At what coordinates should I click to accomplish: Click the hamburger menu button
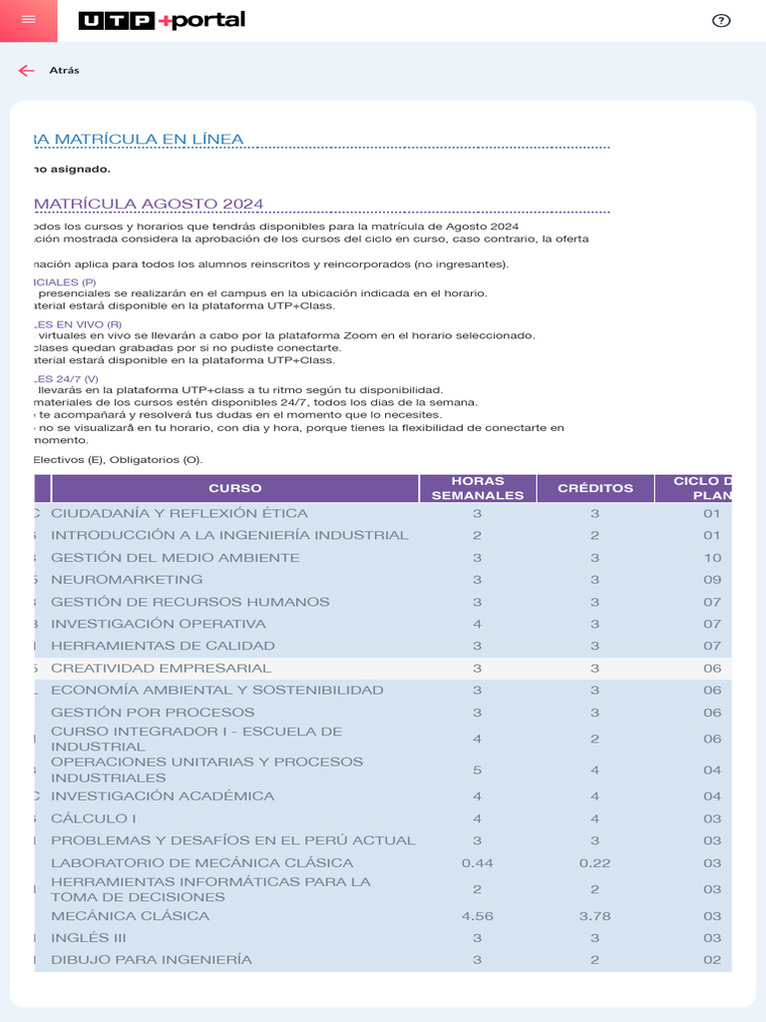(28, 21)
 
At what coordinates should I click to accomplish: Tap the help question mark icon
(721, 21)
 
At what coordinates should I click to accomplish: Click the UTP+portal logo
(162, 21)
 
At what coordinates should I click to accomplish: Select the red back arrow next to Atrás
(26, 70)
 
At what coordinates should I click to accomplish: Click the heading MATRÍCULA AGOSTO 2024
(150, 204)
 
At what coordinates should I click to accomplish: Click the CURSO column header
(235, 488)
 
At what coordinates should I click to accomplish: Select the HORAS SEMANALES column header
(478, 488)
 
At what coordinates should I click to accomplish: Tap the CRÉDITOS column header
(595, 488)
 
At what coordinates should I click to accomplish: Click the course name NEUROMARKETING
(127, 579)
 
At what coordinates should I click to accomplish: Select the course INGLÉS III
(89, 937)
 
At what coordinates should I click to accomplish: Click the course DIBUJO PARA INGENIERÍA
(152, 959)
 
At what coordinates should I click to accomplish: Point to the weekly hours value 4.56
(478, 915)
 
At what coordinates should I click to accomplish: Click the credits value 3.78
(594, 915)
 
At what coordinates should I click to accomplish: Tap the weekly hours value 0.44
(478, 862)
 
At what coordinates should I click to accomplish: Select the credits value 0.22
(594, 862)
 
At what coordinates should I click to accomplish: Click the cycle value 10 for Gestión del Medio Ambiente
(711, 557)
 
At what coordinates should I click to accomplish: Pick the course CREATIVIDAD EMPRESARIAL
(161, 668)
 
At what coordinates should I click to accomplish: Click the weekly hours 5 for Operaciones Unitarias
(478, 769)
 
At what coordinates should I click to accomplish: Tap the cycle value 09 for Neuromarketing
(711, 579)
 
